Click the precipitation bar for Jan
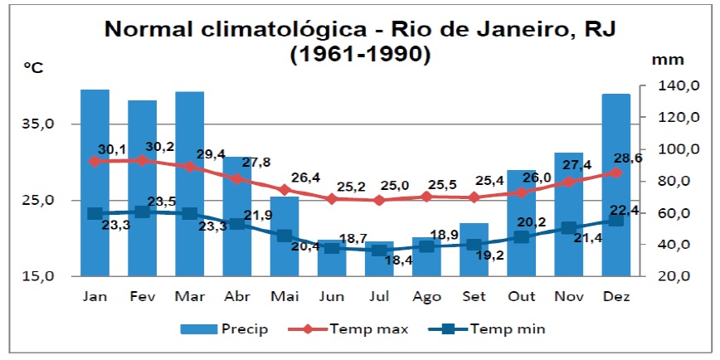pyautogui.click(x=95, y=182)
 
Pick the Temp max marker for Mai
pyautogui.click(x=285, y=189)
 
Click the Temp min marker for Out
pyautogui.click(x=521, y=237)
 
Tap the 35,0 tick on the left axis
pyautogui.click(x=39, y=124)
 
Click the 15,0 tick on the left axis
pyautogui.click(x=39, y=276)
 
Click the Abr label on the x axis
pyautogui.click(x=237, y=295)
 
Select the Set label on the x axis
pyautogui.click(x=474, y=295)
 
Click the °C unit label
pyautogui.click(x=33, y=69)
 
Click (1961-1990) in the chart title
pyautogui.click(x=360, y=55)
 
